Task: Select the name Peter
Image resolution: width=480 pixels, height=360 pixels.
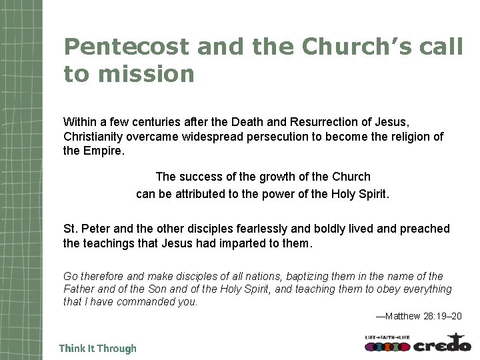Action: coord(95,229)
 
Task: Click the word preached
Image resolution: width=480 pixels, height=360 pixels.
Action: coord(425,229)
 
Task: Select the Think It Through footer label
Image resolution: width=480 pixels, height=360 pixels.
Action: coord(97,349)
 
